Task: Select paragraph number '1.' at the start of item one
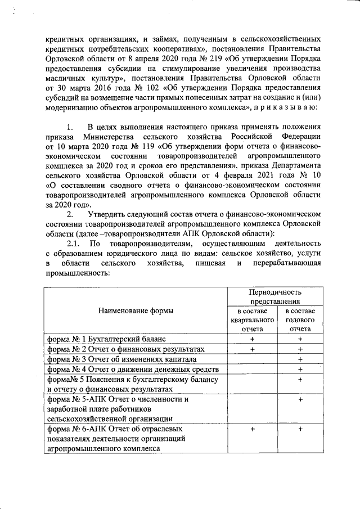[x=70, y=126]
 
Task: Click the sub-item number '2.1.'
[x=74, y=244]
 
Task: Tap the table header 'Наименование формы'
[x=136, y=310]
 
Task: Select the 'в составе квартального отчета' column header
[x=252, y=319]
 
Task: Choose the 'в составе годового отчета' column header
[x=300, y=319]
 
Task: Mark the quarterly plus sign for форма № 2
[x=252, y=349]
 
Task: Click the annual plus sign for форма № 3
[x=300, y=359]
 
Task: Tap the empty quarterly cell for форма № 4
[x=252, y=370]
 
